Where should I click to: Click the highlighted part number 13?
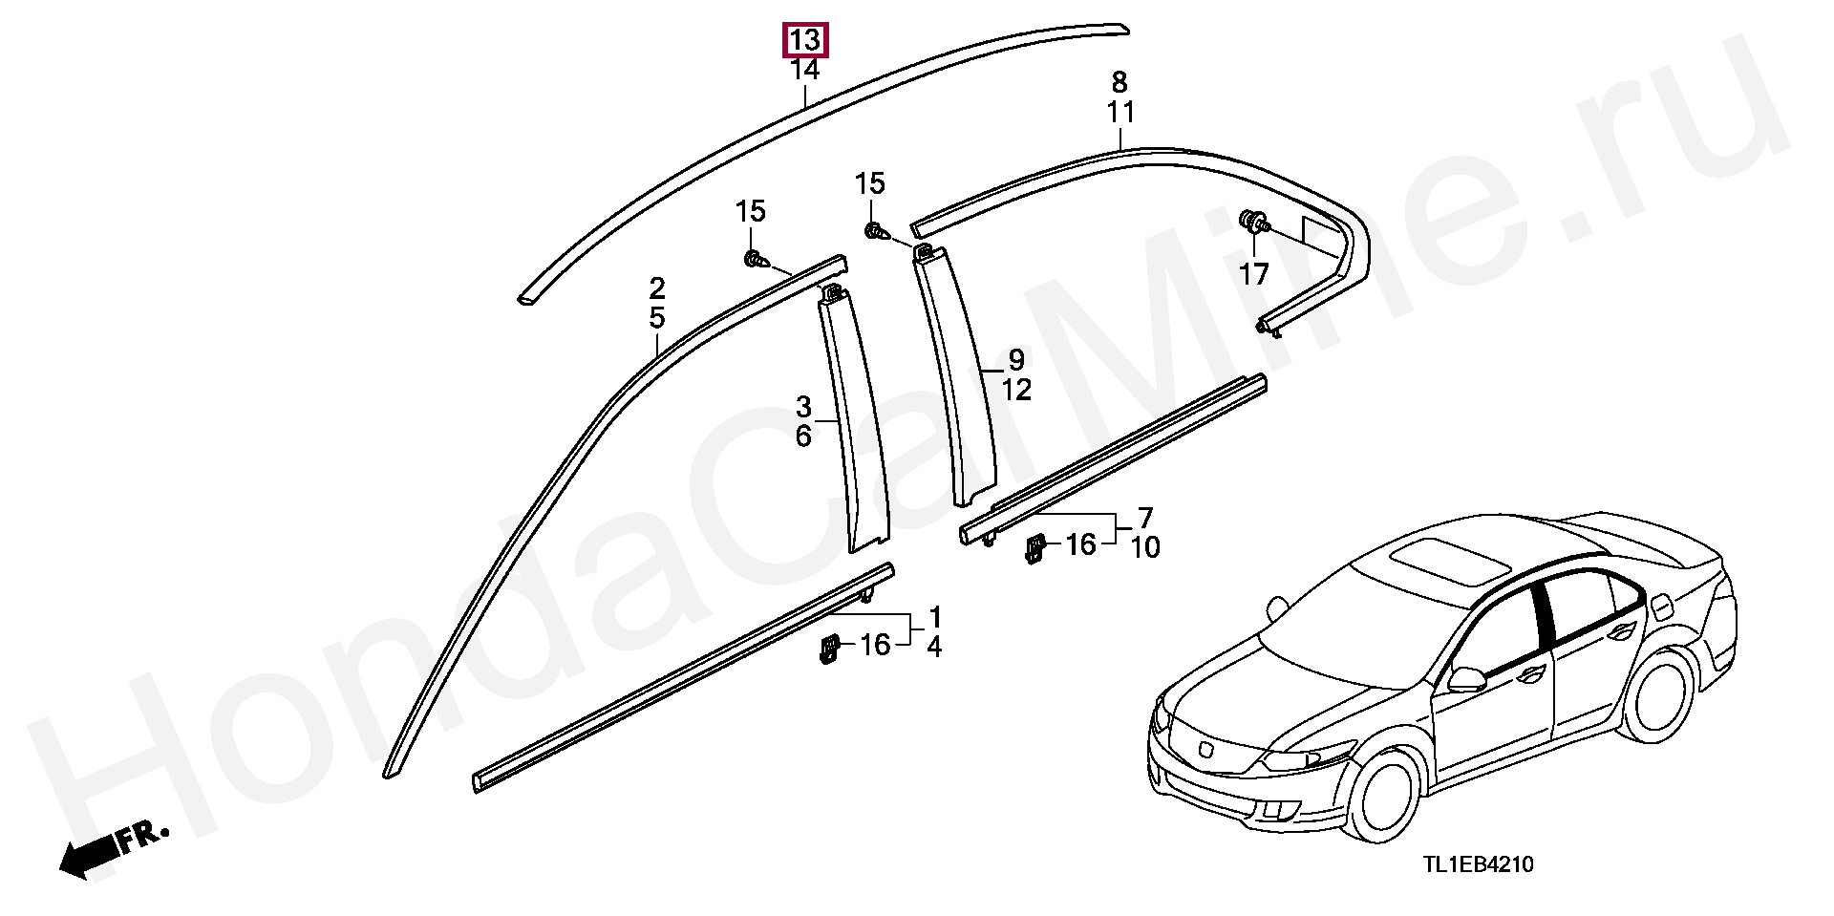pos(804,40)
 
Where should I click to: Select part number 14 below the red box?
pos(804,70)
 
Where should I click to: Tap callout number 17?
pos(1253,275)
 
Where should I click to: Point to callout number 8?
pos(1120,82)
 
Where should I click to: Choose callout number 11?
pos(1120,113)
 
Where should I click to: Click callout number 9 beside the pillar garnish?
pos(1016,360)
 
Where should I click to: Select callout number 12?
pos(1016,390)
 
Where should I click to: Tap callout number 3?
pos(803,408)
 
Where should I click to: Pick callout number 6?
pos(803,437)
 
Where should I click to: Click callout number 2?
pos(656,288)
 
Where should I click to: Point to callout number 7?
pos(1144,518)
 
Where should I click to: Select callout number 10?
pos(1144,547)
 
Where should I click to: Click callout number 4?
pos(933,647)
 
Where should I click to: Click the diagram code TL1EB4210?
pos(1479,864)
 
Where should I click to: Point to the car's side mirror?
pos(1466,679)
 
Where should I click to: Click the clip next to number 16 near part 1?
pos(828,649)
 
